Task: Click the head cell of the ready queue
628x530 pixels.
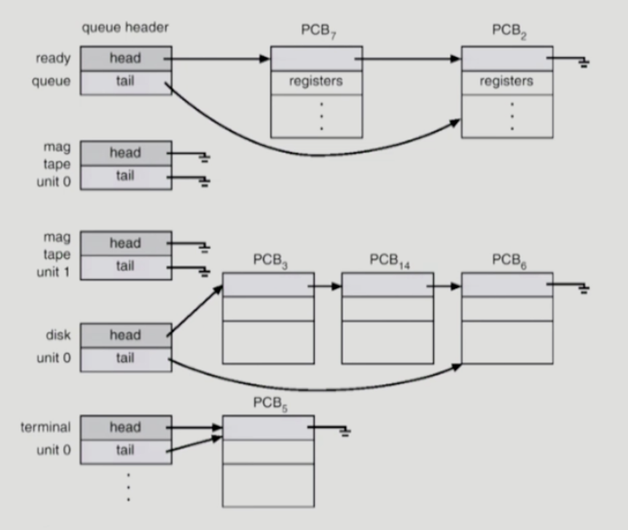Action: (x=125, y=59)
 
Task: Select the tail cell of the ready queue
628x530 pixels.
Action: (x=125, y=83)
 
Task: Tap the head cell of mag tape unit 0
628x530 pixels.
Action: (x=125, y=153)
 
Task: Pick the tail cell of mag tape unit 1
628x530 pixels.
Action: (x=125, y=266)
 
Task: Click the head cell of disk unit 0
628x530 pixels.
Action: (x=125, y=335)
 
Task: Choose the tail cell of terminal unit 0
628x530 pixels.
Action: (x=125, y=450)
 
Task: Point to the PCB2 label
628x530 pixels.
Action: (x=508, y=31)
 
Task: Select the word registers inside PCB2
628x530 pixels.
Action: (x=507, y=82)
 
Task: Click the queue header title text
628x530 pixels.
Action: (x=125, y=28)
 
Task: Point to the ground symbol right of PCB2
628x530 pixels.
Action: (x=583, y=63)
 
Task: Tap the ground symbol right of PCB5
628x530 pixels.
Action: (x=343, y=432)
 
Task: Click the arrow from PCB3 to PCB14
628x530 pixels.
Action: (x=326, y=286)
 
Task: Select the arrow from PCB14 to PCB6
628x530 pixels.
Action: (x=445, y=286)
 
